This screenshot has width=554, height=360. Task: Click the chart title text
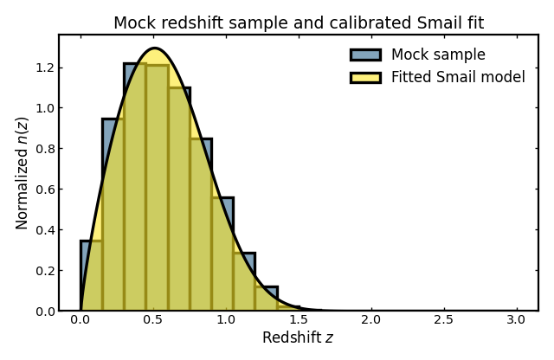click(299, 23)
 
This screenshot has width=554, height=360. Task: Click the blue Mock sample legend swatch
click(364, 55)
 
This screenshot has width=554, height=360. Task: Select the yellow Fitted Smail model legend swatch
click(364, 77)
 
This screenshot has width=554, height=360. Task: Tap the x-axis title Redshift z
click(298, 337)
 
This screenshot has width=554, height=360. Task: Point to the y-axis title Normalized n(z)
click(23, 173)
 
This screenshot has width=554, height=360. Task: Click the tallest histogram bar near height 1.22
click(134, 190)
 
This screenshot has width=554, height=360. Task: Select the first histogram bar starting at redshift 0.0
click(91, 277)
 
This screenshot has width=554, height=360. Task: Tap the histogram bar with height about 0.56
click(222, 255)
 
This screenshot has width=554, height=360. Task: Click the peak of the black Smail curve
click(154, 48)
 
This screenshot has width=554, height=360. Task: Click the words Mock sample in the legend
click(438, 55)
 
